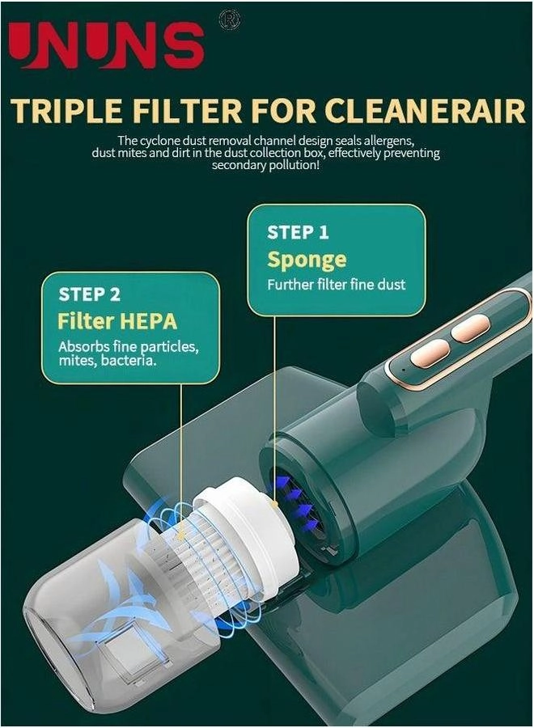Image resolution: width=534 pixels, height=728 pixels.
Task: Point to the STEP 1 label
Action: (x=298, y=233)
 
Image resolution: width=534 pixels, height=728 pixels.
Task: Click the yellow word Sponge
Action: (x=307, y=260)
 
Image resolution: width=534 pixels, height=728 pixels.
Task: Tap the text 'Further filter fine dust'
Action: (x=337, y=285)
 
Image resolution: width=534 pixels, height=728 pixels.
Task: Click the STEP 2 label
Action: (x=89, y=294)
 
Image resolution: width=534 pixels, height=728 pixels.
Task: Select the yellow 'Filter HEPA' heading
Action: (x=117, y=320)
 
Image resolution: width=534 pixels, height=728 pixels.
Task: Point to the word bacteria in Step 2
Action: (x=129, y=362)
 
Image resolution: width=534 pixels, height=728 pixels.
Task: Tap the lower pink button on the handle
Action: (x=431, y=353)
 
